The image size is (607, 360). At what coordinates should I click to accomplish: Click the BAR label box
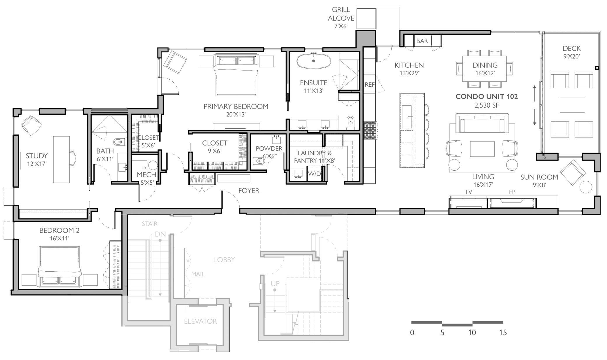click(x=422, y=41)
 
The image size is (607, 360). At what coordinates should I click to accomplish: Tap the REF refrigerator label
click(x=369, y=85)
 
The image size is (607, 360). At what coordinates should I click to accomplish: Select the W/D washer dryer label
click(x=314, y=174)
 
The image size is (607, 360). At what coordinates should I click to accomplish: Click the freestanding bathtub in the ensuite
click(x=314, y=61)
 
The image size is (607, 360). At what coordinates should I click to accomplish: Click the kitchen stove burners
click(x=370, y=130)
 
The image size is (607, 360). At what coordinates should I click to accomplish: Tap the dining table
click(x=484, y=69)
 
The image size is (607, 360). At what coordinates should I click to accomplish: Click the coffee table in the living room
click(x=482, y=149)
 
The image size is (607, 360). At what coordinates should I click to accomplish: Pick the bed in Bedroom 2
click(x=60, y=266)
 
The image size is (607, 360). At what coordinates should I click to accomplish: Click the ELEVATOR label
click(x=200, y=321)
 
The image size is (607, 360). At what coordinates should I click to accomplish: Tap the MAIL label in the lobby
click(x=198, y=274)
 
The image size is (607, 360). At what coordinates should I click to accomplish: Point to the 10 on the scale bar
click(x=472, y=333)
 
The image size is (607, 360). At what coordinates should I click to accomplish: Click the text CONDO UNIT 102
click(x=487, y=97)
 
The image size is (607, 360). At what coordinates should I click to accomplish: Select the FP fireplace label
click(x=512, y=192)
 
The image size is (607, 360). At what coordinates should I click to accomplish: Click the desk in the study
click(x=62, y=159)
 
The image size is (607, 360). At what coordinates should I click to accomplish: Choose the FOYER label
click(x=249, y=191)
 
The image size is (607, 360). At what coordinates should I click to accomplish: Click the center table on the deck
click(x=572, y=104)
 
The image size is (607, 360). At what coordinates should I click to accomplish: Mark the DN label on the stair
click(x=160, y=234)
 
